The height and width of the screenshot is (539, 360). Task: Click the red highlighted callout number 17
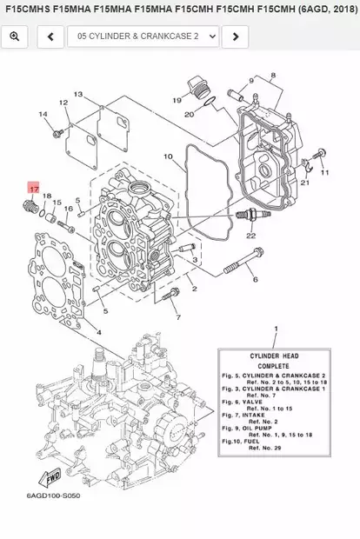tap(33, 188)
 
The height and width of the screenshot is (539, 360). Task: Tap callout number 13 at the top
tap(77, 94)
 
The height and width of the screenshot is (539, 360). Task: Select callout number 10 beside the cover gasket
tap(168, 157)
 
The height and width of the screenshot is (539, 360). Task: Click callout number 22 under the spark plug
tap(250, 236)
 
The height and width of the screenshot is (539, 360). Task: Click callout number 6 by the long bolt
tap(255, 279)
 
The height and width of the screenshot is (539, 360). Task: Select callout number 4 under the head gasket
tap(98, 331)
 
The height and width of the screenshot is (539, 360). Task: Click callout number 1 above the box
tap(276, 331)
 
